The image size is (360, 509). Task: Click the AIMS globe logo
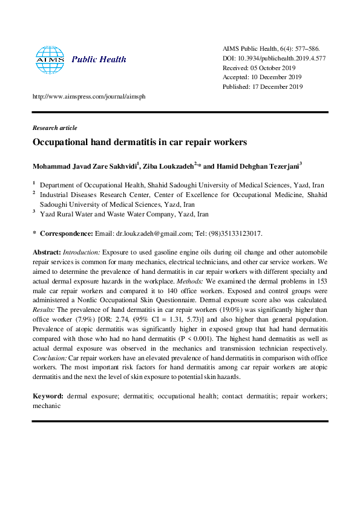50,59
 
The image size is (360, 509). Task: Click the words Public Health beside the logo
99,59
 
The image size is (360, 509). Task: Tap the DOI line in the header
273,58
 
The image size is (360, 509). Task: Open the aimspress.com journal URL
88,97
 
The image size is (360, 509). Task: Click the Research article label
54,128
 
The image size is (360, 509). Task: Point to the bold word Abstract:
46,250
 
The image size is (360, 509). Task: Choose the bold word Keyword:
48,395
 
